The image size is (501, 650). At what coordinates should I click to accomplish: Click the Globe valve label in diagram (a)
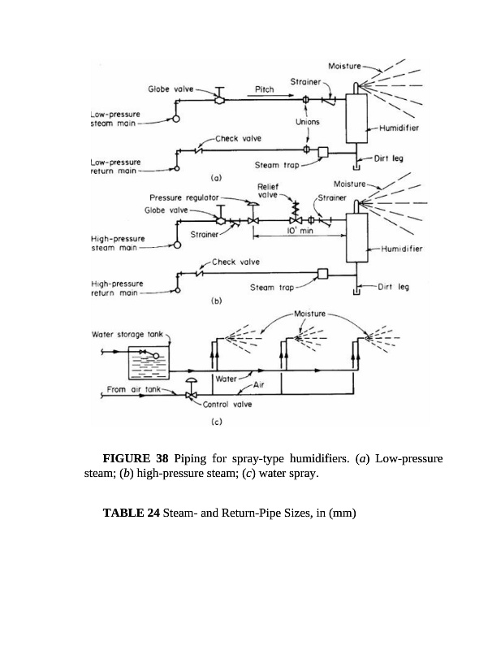click(x=170, y=89)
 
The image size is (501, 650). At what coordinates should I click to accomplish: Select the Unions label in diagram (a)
click(x=309, y=122)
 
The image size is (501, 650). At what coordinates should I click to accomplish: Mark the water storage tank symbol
click(x=151, y=361)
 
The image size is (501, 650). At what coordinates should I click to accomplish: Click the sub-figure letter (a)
click(x=216, y=176)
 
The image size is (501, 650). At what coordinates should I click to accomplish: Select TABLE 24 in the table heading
click(x=131, y=513)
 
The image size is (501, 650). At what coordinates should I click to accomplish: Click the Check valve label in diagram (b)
click(x=235, y=262)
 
